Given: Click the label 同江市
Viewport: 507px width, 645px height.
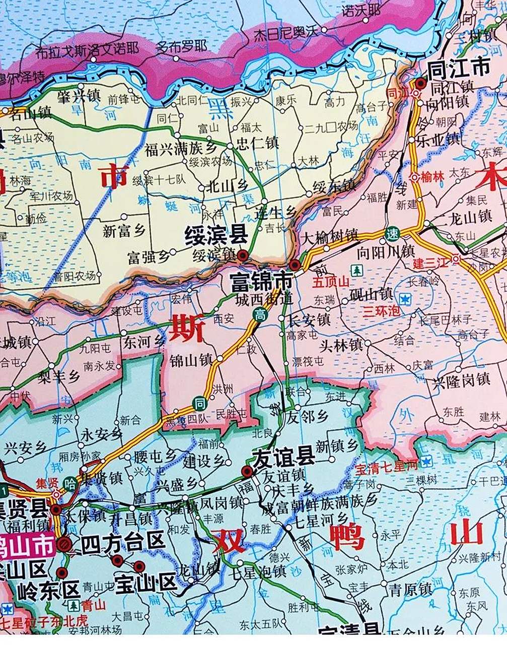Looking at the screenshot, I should (458, 68).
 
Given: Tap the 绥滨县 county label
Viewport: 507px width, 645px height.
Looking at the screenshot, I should (216, 236).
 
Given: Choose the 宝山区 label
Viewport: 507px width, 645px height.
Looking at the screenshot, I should (146, 583).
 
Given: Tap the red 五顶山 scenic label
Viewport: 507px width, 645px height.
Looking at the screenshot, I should (330, 282).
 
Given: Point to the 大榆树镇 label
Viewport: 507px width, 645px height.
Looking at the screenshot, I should (329, 235).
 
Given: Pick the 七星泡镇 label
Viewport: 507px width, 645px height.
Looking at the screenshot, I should (257, 571).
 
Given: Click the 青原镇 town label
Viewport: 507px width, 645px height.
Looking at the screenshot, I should (410, 589).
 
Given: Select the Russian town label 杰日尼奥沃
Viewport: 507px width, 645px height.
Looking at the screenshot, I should (286, 32).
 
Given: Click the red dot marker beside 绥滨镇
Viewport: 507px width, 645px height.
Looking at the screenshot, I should (243, 255).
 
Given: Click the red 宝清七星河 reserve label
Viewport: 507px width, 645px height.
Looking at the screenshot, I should (387, 470).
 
